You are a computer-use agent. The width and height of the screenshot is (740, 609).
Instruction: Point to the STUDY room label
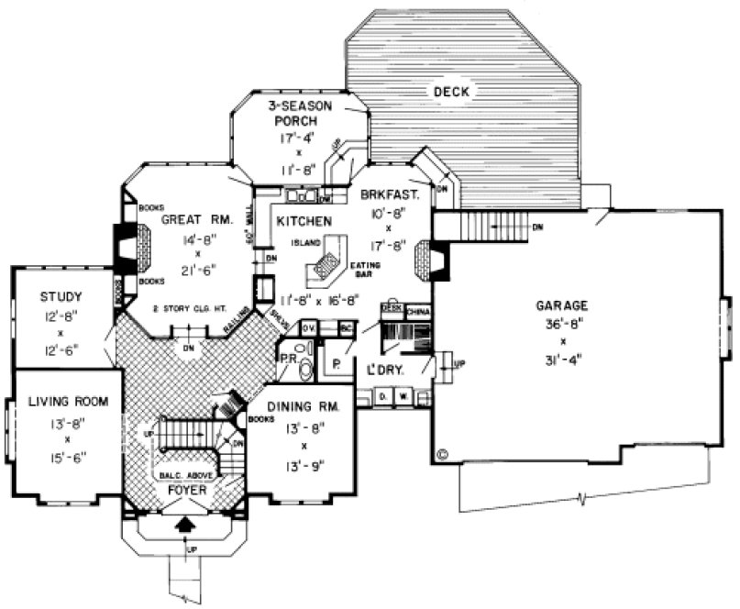pos(61,296)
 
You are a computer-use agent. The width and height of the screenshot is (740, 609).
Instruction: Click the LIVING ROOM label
pos(68,401)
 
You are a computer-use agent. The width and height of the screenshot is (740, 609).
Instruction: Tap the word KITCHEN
pos(304,222)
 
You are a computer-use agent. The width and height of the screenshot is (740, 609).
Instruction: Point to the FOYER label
pos(185,491)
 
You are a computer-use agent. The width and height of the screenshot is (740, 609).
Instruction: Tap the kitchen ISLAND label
pos(304,243)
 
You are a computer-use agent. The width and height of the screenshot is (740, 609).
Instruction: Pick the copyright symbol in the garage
pos(444,452)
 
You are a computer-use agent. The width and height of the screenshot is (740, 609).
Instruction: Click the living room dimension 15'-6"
pos(68,455)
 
